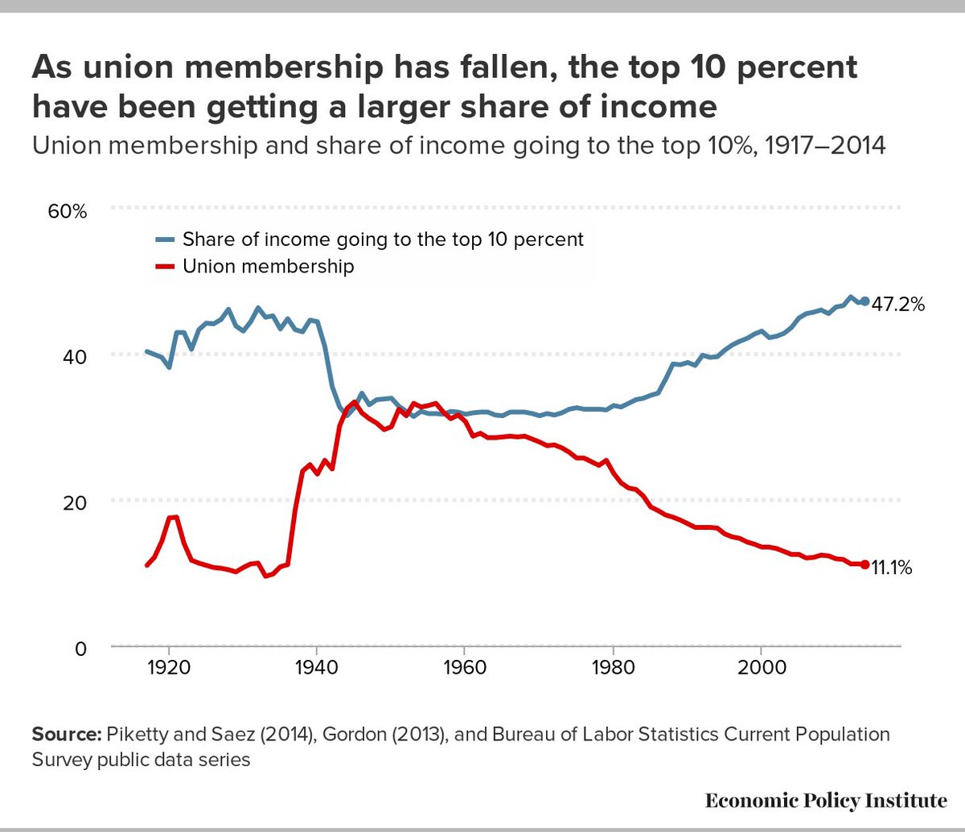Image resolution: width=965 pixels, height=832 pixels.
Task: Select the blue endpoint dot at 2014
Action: [x=865, y=301]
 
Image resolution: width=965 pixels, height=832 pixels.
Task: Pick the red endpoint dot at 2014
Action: [x=865, y=565]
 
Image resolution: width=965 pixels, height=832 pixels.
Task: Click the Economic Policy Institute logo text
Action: [x=826, y=800]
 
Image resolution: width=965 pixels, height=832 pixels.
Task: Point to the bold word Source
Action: [x=64, y=735]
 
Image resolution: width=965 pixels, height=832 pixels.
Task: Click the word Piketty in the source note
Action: [x=131, y=735]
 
